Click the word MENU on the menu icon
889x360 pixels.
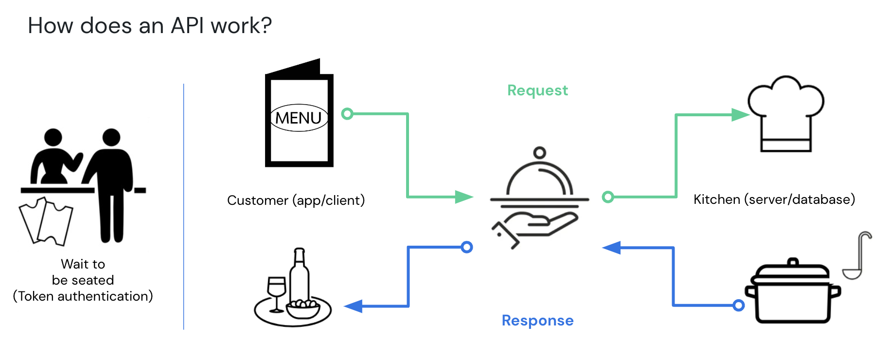point(298,118)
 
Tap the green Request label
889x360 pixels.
point(537,90)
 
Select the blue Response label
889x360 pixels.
point(537,321)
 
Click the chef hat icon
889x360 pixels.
point(785,114)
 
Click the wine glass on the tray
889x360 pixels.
point(277,292)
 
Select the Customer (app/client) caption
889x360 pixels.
point(296,200)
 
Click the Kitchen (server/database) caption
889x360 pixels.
point(774,199)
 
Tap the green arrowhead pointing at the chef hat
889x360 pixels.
point(740,115)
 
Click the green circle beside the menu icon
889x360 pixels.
point(347,114)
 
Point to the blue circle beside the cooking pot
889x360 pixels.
point(739,306)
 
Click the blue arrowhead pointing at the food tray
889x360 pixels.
point(354,306)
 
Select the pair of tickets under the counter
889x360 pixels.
point(46,221)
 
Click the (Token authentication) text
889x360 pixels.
point(83,296)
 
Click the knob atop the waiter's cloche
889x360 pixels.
point(539,153)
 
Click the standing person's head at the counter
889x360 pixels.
point(111,137)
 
